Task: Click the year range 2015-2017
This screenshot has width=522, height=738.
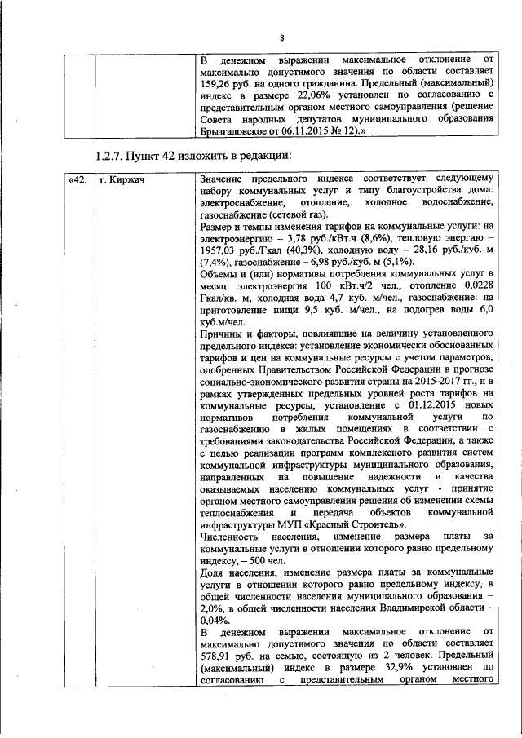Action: point(410,381)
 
